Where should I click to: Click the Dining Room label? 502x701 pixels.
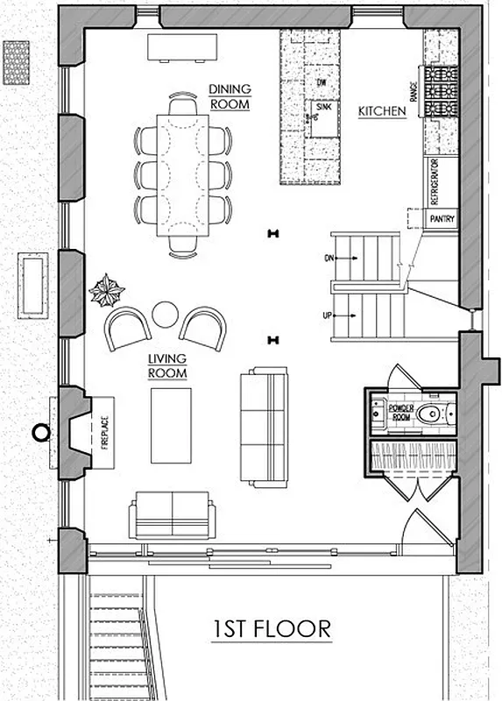pyautogui.click(x=230, y=96)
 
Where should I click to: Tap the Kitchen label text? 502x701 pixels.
pyautogui.click(x=382, y=111)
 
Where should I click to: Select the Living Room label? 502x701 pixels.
pyautogui.click(x=167, y=365)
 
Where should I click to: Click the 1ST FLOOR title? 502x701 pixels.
pyautogui.click(x=272, y=628)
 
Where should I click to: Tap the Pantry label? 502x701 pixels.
pyautogui.click(x=441, y=219)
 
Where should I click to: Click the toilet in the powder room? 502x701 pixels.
pyautogui.click(x=428, y=414)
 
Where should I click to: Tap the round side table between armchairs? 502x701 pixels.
pyautogui.click(x=165, y=314)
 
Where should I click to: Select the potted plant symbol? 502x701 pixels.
pyautogui.click(x=108, y=289)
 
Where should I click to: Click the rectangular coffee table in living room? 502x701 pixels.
pyautogui.click(x=171, y=425)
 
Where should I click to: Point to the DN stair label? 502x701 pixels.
pyautogui.click(x=329, y=258)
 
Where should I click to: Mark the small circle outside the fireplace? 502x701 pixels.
pyautogui.click(x=39, y=431)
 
